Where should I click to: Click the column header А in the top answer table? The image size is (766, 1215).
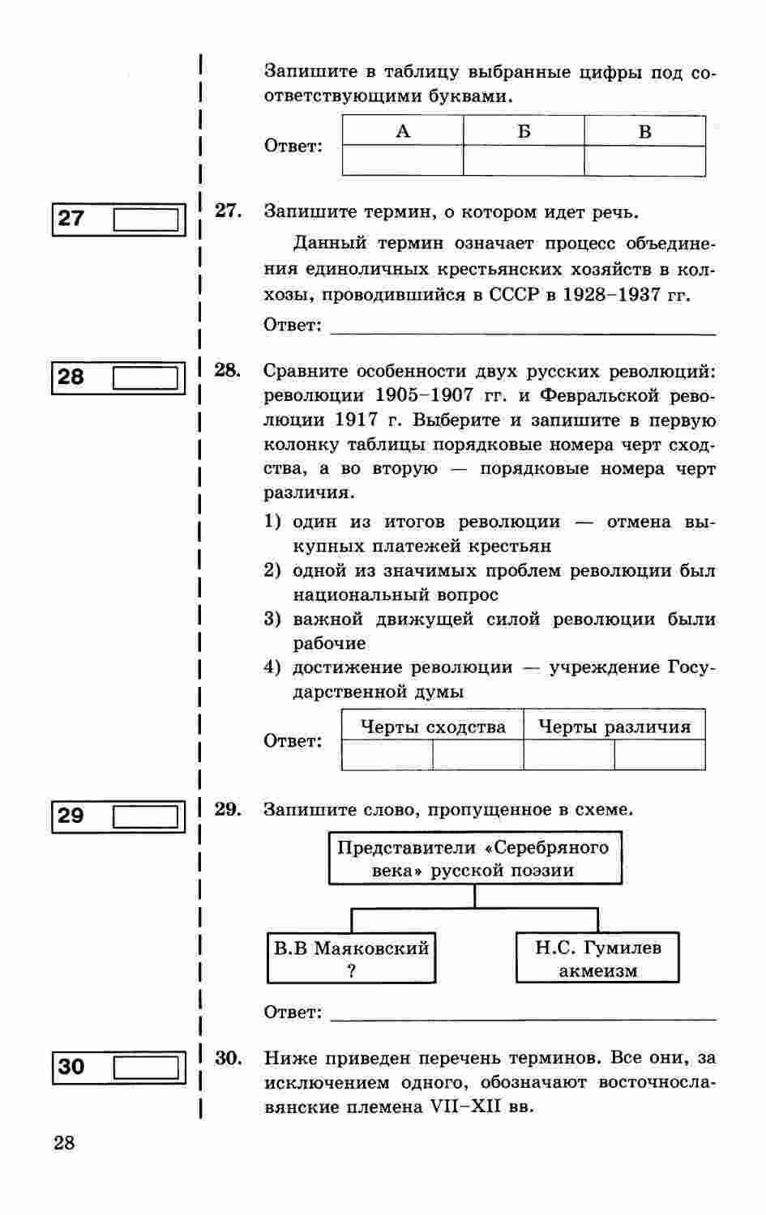pyautogui.click(x=403, y=131)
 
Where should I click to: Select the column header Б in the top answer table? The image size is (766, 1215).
pyautogui.click(x=524, y=131)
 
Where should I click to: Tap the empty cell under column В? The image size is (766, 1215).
pyautogui.click(x=644, y=160)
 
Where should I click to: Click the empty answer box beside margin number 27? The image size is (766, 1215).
pyautogui.click(x=146, y=219)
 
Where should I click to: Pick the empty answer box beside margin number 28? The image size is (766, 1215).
pyautogui.click(x=146, y=377)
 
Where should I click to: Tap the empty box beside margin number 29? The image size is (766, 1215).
pyautogui.click(x=146, y=816)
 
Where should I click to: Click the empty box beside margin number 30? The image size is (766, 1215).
pyautogui.click(x=146, y=1067)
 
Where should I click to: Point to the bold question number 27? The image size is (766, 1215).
pyautogui.click(x=228, y=211)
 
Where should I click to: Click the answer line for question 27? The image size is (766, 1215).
pyautogui.click(x=524, y=328)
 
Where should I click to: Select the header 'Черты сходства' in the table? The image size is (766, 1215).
pyautogui.click(x=433, y=727)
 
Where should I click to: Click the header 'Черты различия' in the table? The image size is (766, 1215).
pyautogui.click(x=614, y=727)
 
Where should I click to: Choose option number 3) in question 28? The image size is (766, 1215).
pyautogui.click(x=272, y=620)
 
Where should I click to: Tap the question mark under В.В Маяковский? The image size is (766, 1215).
pyautogui.click(x=351, y=971)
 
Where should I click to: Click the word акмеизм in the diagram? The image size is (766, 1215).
pyautogui.click(x=597, y=971)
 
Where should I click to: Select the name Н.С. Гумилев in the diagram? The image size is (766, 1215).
pyautogui.click(x=597, y=947)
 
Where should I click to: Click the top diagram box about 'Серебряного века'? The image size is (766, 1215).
pyautogui.click(x=474, y=859)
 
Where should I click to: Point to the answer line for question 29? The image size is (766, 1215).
pyautogui.click(x=524, y=1016)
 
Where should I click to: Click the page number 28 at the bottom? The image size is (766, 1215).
pyautogui.click(x=64, y=1143)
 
